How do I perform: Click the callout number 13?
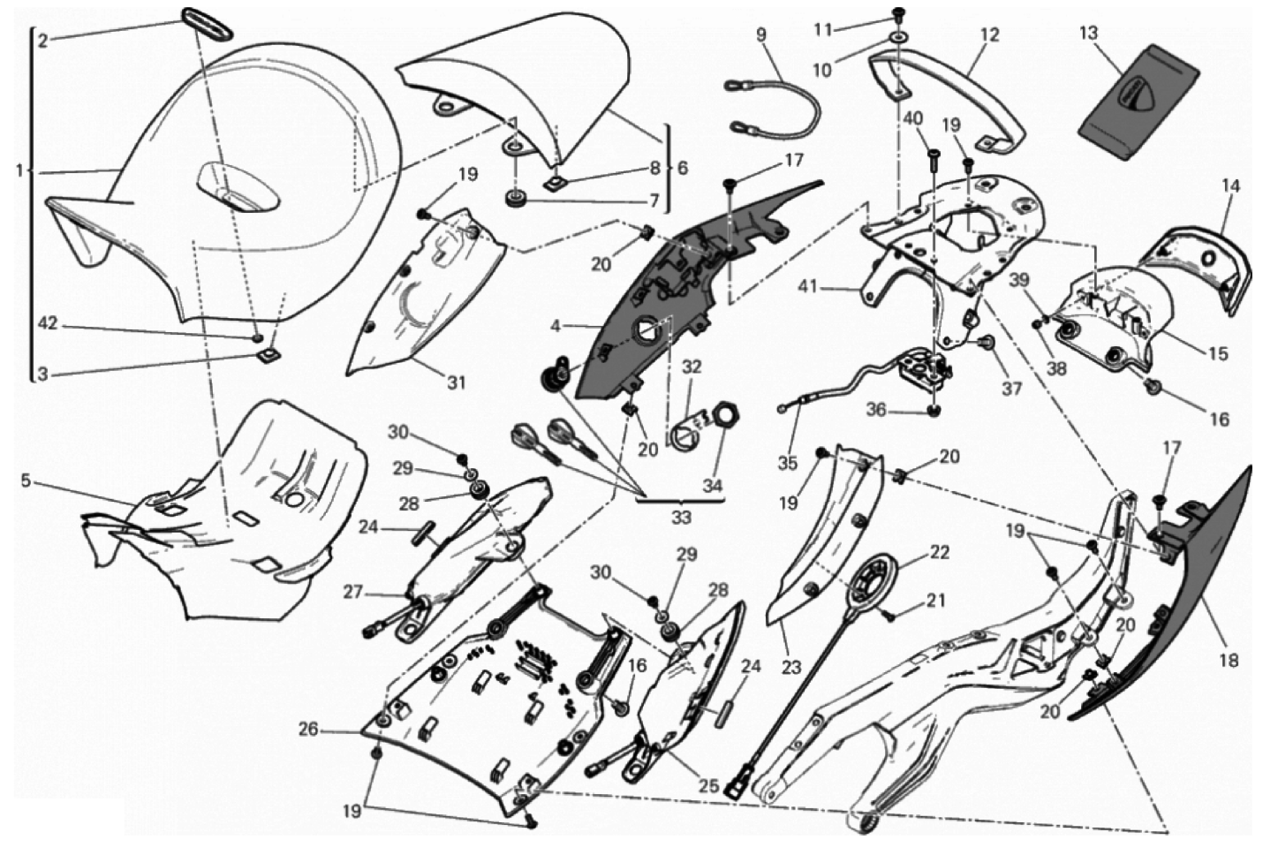(x=1089, y=34)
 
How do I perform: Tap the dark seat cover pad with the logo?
(x=1138, y=102)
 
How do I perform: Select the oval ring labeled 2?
(x=207, y=24)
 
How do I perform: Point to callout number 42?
(x=48, y=324)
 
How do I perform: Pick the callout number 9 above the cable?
(x=761, y=34)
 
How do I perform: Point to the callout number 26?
(x=309, y=730)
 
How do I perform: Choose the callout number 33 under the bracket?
(x=681, y=518)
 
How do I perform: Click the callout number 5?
(x=25, y=481)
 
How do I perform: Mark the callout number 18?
(x=1229, y=660)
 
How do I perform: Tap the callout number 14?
(x=1231, y=185)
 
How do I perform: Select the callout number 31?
(x=457, y=382)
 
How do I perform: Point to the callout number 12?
(x=989, y=34)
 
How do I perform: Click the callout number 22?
(x=940, y=552)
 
